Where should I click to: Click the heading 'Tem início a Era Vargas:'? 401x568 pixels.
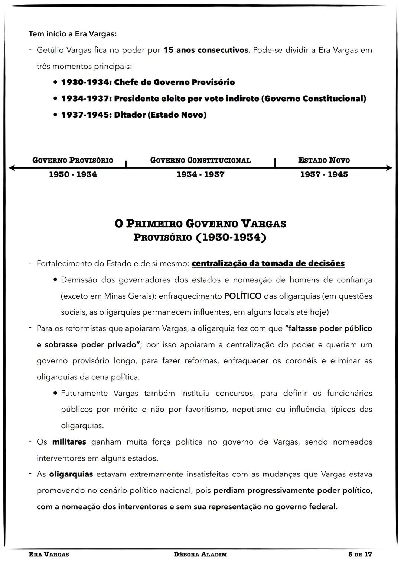[72, 34]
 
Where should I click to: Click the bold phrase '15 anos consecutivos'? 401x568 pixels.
[206, 50]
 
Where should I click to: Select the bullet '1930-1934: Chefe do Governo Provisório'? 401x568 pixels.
[148, 82]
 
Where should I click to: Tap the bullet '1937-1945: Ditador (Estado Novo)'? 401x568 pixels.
[134, 115]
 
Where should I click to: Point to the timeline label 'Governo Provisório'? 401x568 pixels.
[73, 160]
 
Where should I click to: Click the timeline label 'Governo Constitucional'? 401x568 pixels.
[200, 160]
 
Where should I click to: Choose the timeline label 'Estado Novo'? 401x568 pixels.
[324, 160]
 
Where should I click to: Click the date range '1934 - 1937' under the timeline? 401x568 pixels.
[200, 174]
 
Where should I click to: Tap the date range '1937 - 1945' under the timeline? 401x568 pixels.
[324, 174]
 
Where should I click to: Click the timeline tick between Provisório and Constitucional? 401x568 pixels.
[126, 164]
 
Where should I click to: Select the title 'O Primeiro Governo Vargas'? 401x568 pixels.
[200, 224]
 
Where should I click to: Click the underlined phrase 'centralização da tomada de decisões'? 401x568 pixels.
[268, 264]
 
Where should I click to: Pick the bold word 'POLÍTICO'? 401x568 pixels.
[243, 296]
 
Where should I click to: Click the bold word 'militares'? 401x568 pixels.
[69, 442]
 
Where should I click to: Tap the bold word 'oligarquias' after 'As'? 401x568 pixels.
[71, 474]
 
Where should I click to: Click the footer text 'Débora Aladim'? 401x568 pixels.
[200, 555]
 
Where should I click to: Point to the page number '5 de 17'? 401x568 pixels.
[360, 555]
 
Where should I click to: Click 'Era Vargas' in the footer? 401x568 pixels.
[49, 555]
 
